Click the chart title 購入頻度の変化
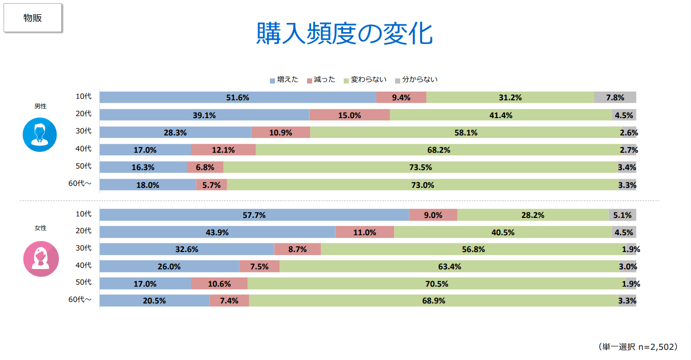[x=345, y=34]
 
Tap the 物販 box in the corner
[x=33, y=18]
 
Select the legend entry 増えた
[x=284, y=79]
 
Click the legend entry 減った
[x=321, y=79]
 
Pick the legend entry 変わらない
[x=365, y=79]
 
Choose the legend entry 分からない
[x=416, y=79]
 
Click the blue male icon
[x=40, y=134]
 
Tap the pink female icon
[x=41, y=259]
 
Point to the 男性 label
[x=40, y=106]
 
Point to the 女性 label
[x=40, y=228]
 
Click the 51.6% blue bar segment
[x=238, y=97]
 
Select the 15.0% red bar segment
[x=349, y=115]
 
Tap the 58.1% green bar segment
[x=465, y=132]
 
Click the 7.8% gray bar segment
[x=615, y=97]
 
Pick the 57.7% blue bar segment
[x=254, y=215]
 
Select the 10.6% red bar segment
[x=219, y=284]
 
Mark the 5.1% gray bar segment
[x=622, y=215]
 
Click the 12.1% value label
[x=224, y=150]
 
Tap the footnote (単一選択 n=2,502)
[x=638, y=347]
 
